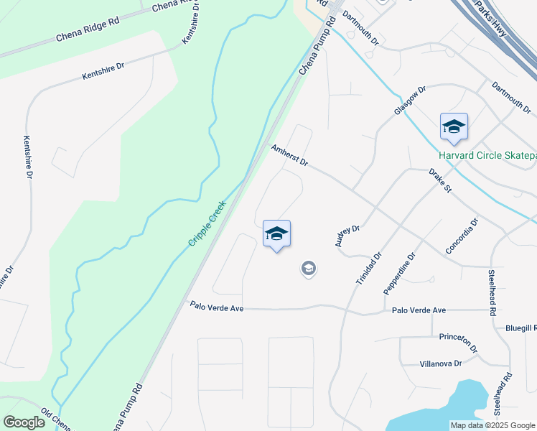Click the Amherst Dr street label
(289, 155)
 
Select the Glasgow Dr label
(410, 101)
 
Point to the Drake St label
(439, 181)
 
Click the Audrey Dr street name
(347, 236)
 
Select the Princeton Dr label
(459, 343)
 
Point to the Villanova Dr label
(440, 364)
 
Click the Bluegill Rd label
(520, 328)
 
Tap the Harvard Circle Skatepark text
(487, 156)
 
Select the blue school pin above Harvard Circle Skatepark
(454, 128)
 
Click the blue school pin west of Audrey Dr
(276, 234)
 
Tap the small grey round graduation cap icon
(309, 269)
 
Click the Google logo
(24, 422)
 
